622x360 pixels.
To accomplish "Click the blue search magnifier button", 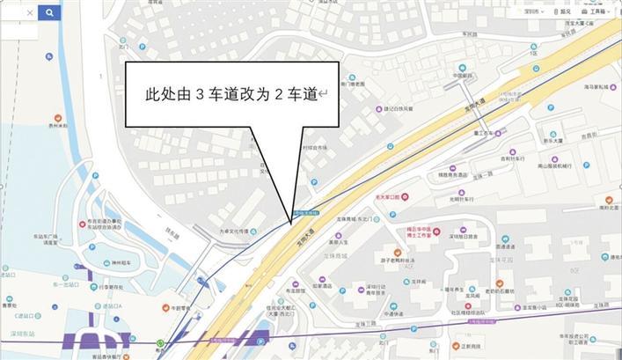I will (49, 13).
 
